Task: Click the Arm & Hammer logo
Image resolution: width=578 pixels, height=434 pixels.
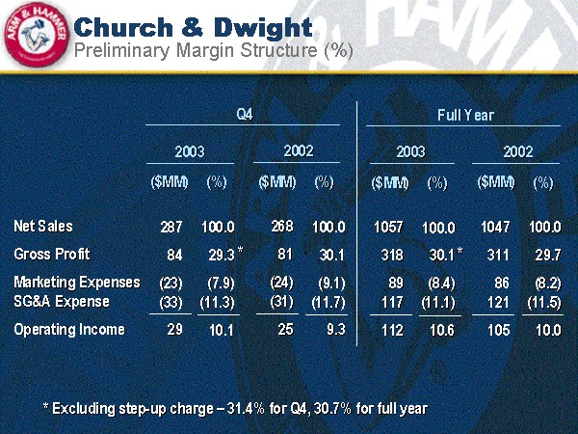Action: click(x=34, y=37)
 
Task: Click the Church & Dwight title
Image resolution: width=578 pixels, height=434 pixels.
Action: click(x=193, y=25)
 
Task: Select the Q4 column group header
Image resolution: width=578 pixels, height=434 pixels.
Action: click(x=245, y=115)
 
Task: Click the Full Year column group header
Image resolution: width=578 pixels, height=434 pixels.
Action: click(x=465, y=115)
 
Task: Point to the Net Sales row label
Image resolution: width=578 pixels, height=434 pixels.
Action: click(x=42, y=227)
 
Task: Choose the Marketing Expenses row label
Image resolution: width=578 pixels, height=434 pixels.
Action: click(x=76, y=283)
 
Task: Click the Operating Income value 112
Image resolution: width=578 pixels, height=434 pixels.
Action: click(x=392, y=331)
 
